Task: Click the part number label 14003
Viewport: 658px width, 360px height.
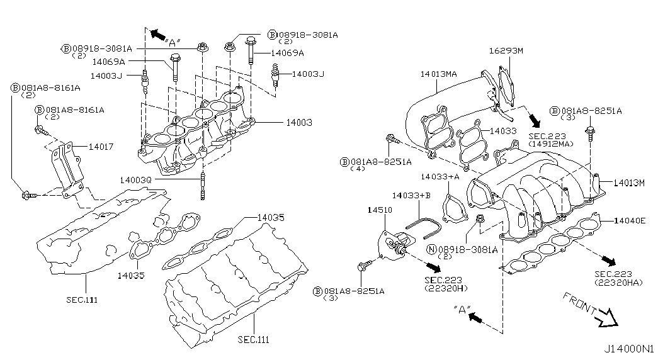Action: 299,123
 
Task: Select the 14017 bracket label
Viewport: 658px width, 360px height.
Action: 101,147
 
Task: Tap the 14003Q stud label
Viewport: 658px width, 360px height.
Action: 135,180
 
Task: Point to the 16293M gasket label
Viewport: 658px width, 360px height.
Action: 506,51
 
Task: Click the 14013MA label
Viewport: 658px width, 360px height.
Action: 438,74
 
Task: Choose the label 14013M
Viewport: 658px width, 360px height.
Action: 628,183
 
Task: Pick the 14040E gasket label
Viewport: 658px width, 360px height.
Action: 629,220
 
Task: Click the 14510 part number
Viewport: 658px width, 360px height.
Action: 380,210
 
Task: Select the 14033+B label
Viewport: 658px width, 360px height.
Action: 411,196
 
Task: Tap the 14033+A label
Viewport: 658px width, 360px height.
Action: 440,177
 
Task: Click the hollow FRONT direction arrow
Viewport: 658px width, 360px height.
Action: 607,318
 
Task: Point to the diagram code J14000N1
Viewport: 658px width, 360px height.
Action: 629,349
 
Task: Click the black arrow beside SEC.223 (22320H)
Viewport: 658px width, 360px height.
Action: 433,267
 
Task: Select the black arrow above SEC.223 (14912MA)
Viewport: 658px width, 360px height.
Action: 535,120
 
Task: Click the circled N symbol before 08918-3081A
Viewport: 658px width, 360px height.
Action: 431,250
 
